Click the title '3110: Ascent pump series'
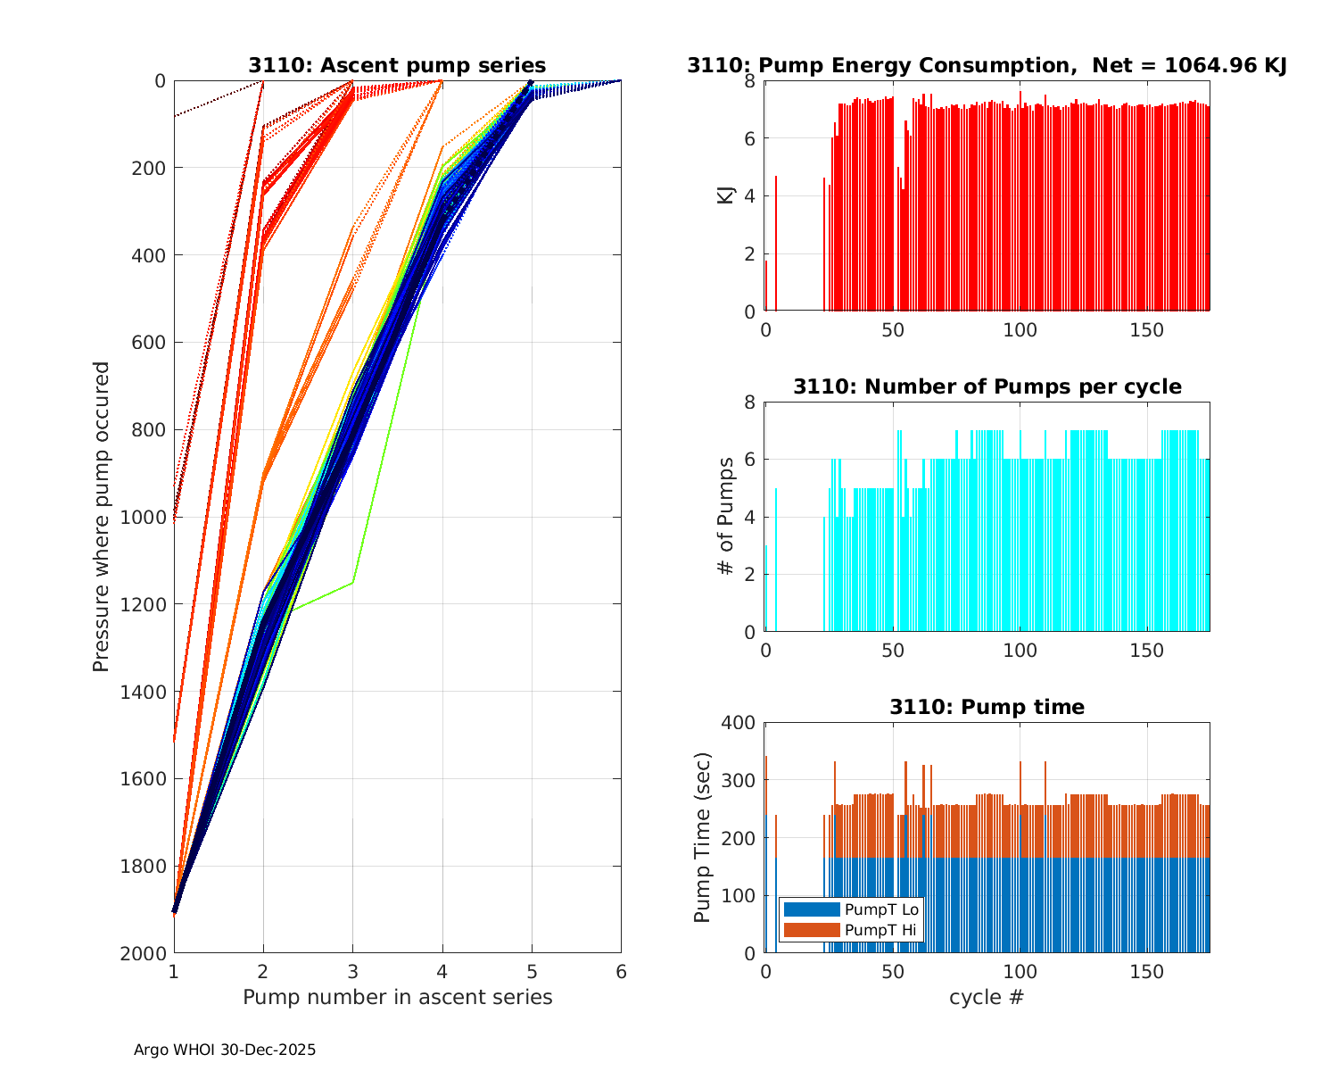(397, 65)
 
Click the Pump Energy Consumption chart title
(987, 65)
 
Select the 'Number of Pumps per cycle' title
(987, 386)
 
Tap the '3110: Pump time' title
(987, 707)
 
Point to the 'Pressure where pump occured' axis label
(102, 517)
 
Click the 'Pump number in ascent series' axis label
(397, 997)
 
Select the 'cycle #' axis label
(987, 997)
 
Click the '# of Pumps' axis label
(726, 517)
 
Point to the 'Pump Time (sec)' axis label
(702, 838)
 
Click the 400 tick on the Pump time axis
(739, 723)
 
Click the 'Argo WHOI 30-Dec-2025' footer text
(225, 1050)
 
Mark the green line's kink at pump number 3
(353, 583)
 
